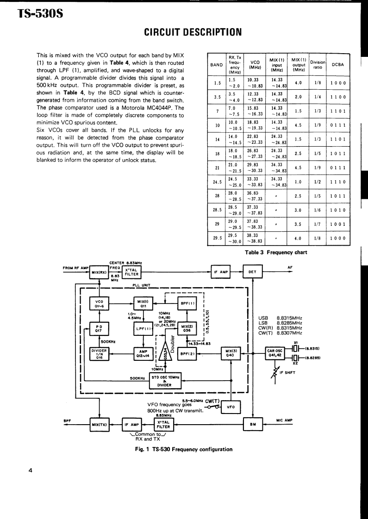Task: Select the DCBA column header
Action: (338, 64)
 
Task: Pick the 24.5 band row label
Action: (216, 182)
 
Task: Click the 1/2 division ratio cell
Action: (318, 182)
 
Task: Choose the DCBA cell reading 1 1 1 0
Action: (338, 182)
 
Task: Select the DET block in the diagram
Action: (252, 272)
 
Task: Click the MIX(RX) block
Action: (100, 272)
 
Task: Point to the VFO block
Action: (230, 407)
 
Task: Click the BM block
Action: (253, 424)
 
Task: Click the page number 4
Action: (30, 471)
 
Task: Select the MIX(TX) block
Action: (100, 424)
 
